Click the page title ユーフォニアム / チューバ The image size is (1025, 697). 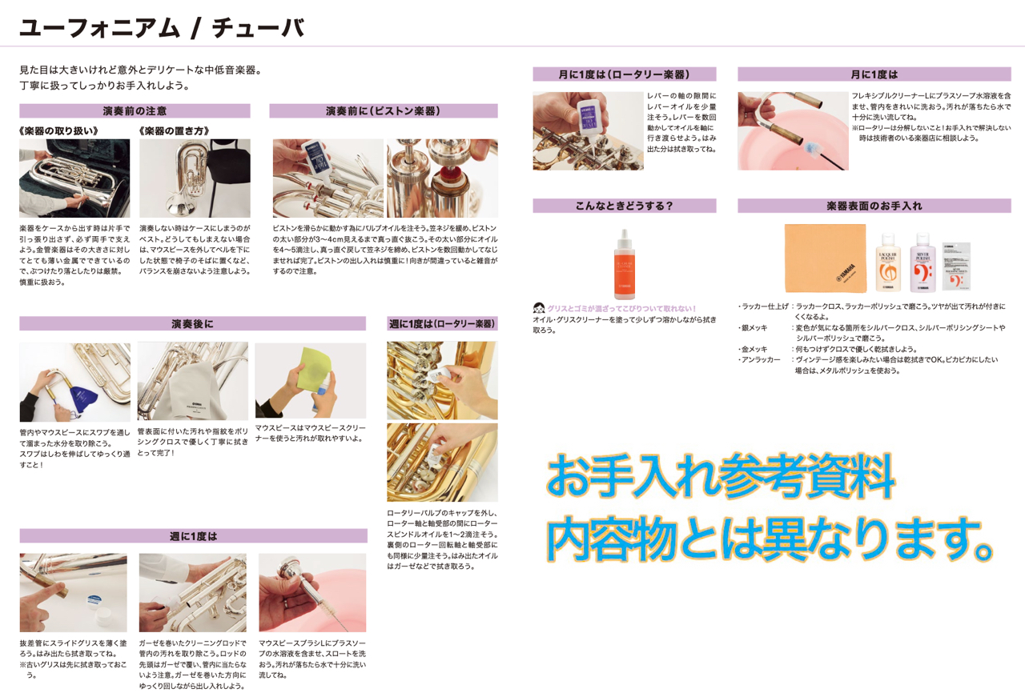(x=162, y=28)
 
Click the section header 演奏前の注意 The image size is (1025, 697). (x=135, y=110)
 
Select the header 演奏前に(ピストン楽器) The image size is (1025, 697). (x=384, y=110)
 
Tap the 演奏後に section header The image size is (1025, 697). (x=193, y=324)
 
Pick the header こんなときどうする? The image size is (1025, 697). (x=624, y=206)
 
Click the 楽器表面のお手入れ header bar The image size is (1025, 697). (x=874, y=206)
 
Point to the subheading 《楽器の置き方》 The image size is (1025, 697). (x=174, y=131)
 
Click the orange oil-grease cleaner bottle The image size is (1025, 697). (x=624, y=264)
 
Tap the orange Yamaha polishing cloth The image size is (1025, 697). (x=826, y=258)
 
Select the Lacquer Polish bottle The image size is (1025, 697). (x=888, y=262)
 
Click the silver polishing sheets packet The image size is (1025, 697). (x=956, y=266)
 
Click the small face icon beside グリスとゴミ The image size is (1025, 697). (x=539, y=308)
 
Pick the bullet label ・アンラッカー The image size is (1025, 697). (x=759, y=360)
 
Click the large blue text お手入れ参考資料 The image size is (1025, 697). (x=720, y=475)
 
